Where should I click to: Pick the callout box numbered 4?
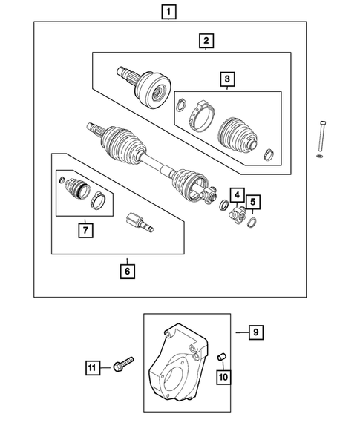235,196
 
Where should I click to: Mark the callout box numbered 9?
254,333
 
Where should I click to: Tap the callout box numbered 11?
92,367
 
